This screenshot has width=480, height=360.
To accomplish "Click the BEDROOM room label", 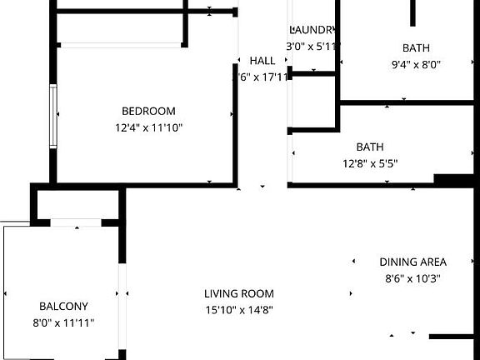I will point(149,111).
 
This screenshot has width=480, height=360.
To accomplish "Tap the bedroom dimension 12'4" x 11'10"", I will point(149,127).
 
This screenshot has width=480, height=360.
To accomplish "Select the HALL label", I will point(262,61).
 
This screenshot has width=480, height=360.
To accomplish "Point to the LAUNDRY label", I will point(312,29).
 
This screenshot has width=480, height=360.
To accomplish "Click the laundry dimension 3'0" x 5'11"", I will point(312,47).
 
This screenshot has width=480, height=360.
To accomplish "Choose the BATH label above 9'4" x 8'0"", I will point(416,47).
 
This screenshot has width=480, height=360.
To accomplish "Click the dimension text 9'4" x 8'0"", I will point(416,64).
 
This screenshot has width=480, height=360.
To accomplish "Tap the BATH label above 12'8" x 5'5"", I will point(369,147).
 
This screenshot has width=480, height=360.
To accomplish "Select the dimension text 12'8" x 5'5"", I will point(369,163).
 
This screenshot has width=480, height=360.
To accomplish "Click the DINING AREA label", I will point(413,262).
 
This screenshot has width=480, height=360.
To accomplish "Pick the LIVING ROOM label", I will point(239,293).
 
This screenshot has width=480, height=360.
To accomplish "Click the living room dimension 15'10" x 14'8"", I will point(239,310).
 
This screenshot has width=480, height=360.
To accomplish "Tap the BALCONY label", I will point(63,306).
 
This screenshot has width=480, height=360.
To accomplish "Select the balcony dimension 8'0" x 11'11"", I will point(63,322).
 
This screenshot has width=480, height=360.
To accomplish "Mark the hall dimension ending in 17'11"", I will point(261,77).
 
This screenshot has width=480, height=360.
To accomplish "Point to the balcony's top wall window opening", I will point(76,222).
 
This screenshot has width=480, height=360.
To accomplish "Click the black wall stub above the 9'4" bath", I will point(412,12).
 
